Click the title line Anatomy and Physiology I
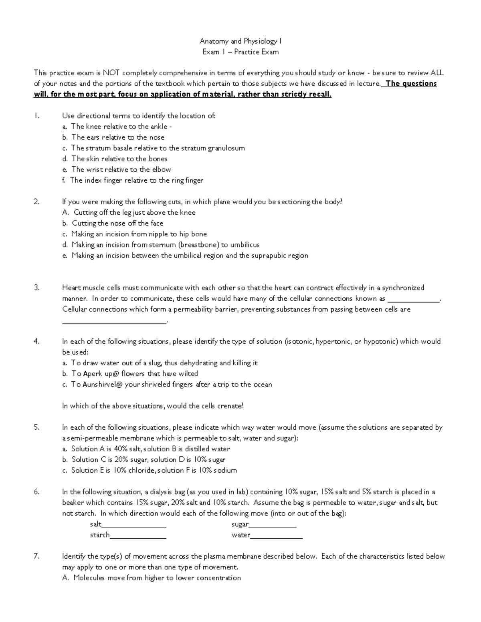pos(240,41)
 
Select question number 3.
pos(36,288)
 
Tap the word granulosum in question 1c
pos(226,148)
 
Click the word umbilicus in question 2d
pos(245,245)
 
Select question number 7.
pos(36,556)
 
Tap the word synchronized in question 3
pos(403,288)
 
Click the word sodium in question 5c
pos(226,471)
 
